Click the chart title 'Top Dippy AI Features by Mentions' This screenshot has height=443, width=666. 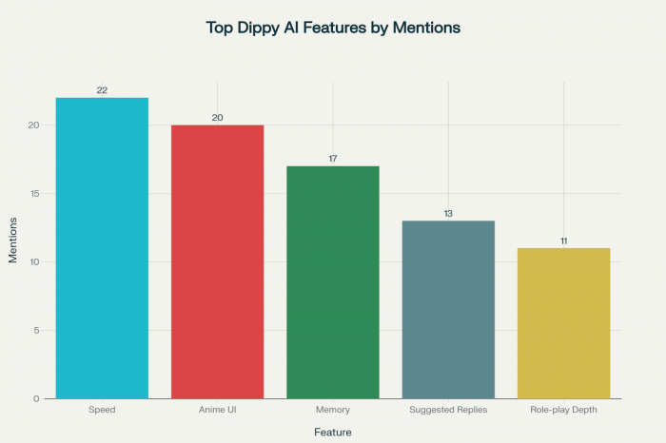333,28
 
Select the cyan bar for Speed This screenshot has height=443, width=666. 102,247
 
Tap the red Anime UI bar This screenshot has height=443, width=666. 218,261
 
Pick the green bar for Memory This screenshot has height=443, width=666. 333,281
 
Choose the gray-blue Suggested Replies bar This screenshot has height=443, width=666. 448,309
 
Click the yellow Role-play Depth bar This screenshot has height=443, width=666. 563,322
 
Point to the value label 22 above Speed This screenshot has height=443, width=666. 102,90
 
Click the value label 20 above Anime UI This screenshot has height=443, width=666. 218,118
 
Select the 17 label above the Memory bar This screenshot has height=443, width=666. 333,159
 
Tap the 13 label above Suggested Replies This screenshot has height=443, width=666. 448,213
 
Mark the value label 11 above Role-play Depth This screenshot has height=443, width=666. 563,241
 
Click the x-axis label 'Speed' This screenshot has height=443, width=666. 102,410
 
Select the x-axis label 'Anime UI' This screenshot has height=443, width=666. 218,410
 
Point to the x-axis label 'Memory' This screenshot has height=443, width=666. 333,410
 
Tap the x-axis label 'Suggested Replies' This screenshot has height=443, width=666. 448,410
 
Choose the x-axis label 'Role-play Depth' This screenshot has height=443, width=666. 563,410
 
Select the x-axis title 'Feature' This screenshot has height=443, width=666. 333,433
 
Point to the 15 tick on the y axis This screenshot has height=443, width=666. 33,194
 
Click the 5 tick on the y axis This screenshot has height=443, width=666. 36,330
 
